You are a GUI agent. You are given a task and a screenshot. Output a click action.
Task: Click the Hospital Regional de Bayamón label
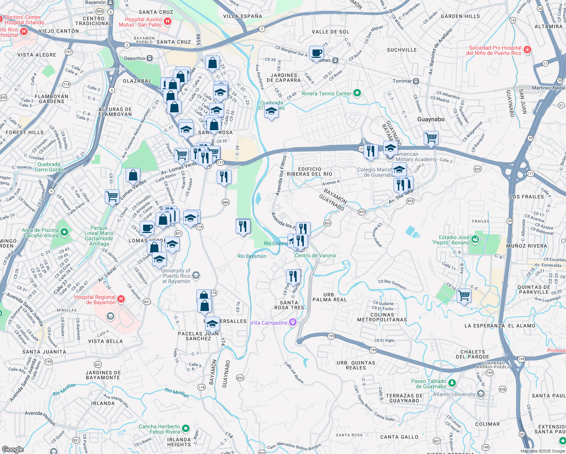(x=95, y=300)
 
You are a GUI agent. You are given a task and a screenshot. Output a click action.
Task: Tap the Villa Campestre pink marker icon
(x=292, y=322)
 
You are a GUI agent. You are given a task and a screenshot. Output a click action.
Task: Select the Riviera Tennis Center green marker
(x=357, y=93)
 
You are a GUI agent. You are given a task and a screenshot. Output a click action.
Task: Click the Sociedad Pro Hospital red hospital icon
(x=527, y=50)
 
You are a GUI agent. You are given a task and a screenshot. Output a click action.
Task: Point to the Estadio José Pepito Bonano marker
(x=475, y=239)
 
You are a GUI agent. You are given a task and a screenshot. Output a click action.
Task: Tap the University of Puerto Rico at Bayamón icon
(x=196, y=275)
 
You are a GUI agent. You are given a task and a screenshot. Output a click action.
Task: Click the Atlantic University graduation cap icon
(x=480, y=394)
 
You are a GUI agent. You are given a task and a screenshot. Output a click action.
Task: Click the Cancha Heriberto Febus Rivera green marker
(x=185, y=429)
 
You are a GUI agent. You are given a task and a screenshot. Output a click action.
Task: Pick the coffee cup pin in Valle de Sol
(x=316, y=53)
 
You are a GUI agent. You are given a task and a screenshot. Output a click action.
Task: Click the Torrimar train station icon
(x=416, y=81)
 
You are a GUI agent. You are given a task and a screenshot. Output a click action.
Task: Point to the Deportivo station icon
(x=150, y=58)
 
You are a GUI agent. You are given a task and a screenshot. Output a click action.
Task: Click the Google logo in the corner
(x=13, y=449)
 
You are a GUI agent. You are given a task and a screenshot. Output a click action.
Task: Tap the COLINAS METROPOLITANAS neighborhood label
(x=382, y=317)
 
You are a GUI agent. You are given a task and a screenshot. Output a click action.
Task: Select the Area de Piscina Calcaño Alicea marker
(x=64, y=232)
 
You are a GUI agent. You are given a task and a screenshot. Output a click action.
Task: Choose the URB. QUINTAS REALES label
(x=356, y=365)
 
